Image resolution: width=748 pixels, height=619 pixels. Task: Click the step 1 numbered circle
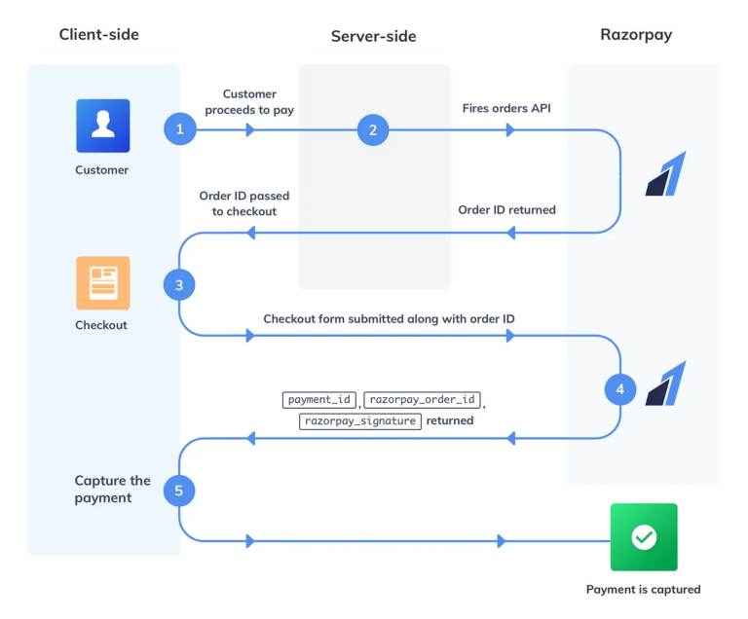pyautogui.click(x=179, y=129)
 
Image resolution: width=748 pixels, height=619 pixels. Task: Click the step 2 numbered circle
pyautogui.click(x=373, y=129)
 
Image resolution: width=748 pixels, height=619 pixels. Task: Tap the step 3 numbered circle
pyautogui.click(x=179, y=285)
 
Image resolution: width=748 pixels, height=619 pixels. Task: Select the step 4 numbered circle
pyautogui.click(x=620, y=390)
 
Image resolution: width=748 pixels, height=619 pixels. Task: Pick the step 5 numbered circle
pyautogui.click(x=179, y=491)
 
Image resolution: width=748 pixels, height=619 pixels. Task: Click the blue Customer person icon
pyautogui.click(x=102, y=126)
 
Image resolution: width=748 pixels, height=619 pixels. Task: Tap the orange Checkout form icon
pyautogui.click(x=102, y=282)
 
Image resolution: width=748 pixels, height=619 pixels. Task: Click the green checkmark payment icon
pyautogui.click(x=643, y=536)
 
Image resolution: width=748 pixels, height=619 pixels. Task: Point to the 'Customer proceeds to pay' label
pyautogui.click(x=249, y=102)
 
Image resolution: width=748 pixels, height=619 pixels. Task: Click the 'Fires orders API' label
pyautogui.click(x=506, y=108)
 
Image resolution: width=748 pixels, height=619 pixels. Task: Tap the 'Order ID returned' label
pyautogui.click(x=506, y=209)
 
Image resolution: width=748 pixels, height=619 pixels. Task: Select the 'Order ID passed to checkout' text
pyautogui.click(x=244, y=203)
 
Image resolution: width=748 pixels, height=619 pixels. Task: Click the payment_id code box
pyautogui.click(x=319, y=400)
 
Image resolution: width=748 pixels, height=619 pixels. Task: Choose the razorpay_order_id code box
pyautogui.click(x=423, y=400)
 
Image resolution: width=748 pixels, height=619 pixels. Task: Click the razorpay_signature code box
pyautogui.click(x=360, y=421)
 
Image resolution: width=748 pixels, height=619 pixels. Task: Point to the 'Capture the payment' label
pyautogui.click(x=112, y=489)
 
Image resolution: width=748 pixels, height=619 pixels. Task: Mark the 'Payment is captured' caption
pyautogui.click(x=643, y=589)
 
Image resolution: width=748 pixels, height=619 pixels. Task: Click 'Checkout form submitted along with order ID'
pyautogui.click(x=389, y=319)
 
